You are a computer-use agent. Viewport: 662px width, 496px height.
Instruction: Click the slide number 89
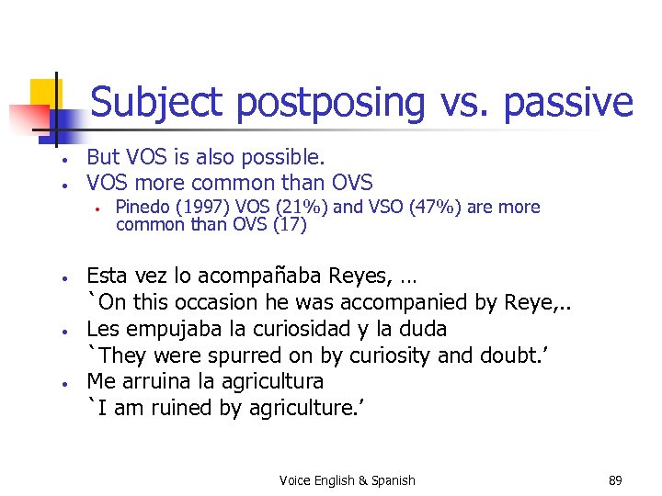tap(615, 479)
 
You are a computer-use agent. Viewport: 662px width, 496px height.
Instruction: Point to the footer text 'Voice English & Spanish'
tap(348, 479)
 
